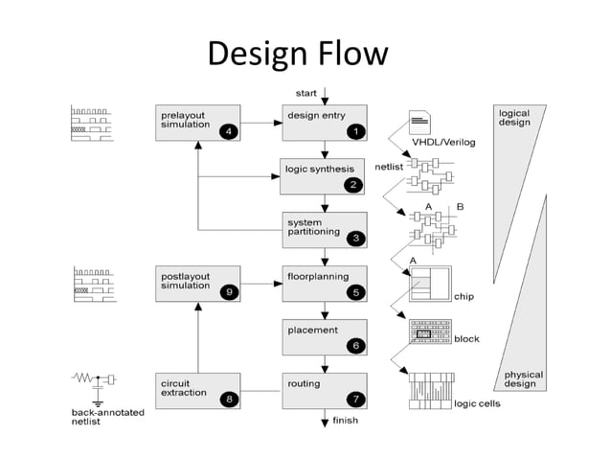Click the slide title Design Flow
pos(298,54)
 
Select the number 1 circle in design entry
pos(355,130)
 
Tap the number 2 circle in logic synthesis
pos(353,184)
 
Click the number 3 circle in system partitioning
pos(355,238)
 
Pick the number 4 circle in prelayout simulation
pos(228,131)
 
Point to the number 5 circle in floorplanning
pos(355,292)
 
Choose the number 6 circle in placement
pos(355,346)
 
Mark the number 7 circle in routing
pos(355,399)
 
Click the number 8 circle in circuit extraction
pos(228,399)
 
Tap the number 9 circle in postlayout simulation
pos(228,292)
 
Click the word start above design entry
pos(305,92)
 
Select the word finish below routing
pos(345,421)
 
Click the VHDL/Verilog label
pos(443,143)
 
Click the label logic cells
pos(476,403)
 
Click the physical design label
pos(523,379)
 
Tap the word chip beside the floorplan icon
pos(464,297)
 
